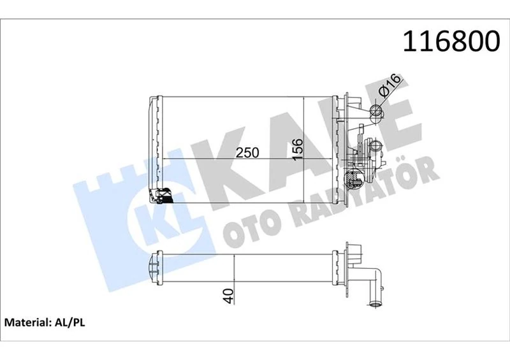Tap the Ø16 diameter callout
389,85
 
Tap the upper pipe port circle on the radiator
376,113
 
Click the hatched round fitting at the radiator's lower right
350,181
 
